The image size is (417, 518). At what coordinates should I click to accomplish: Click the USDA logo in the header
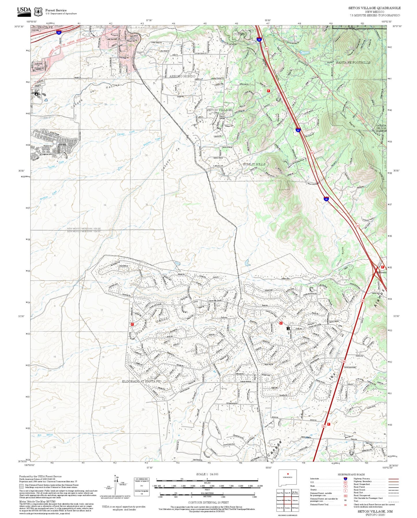[24, 11]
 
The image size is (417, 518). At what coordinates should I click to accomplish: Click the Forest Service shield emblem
[38, 12]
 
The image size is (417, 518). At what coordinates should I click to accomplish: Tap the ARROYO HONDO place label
[182, 76]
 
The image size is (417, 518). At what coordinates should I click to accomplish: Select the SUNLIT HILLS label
[254, 164]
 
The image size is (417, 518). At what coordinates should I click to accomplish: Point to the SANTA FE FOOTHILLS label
[353, 63]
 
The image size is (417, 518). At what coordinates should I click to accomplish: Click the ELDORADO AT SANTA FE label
[141, 381]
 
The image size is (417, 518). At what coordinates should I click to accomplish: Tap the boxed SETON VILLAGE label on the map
[219, 110]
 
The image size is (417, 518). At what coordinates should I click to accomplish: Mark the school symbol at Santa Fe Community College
[36, 94]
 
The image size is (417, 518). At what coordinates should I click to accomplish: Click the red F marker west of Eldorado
[132, 324]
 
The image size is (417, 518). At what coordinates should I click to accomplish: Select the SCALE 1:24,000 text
[207, 474]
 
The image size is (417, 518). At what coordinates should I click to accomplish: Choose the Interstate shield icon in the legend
[345, 478]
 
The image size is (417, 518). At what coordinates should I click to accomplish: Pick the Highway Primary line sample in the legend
[393, 478]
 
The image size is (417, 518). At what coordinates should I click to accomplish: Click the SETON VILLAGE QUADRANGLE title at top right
[374, 8]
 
